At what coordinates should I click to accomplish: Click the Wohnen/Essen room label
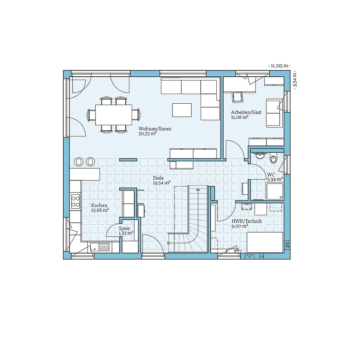tap(155, 129)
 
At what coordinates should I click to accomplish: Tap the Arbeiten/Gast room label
tap(246, 112)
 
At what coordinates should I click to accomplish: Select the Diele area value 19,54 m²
tap(162, 183)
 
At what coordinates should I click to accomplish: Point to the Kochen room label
tap(99, 206)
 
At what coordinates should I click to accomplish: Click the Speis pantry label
tap(124, 229)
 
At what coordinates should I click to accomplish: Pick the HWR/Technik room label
tap(247, 221)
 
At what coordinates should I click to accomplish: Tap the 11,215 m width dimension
tap(279, 66)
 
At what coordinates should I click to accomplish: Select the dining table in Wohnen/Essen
tap(114, 115)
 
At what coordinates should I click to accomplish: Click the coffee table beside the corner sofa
tap(182, 110)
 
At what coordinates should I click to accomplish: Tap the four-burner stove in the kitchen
tap(76, 201)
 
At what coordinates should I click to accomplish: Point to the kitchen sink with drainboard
tap(100, 247)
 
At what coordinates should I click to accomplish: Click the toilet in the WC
tap(274, 158)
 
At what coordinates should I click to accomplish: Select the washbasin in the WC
tap(260, 156)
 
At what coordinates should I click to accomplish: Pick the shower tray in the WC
tap(275, 191)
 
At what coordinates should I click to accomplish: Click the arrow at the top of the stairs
tap(198, 190)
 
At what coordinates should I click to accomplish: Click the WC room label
tap(271, 175)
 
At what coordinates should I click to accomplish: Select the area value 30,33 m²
tap(148, 134)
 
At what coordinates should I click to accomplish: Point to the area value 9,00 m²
tap(240, 226)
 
